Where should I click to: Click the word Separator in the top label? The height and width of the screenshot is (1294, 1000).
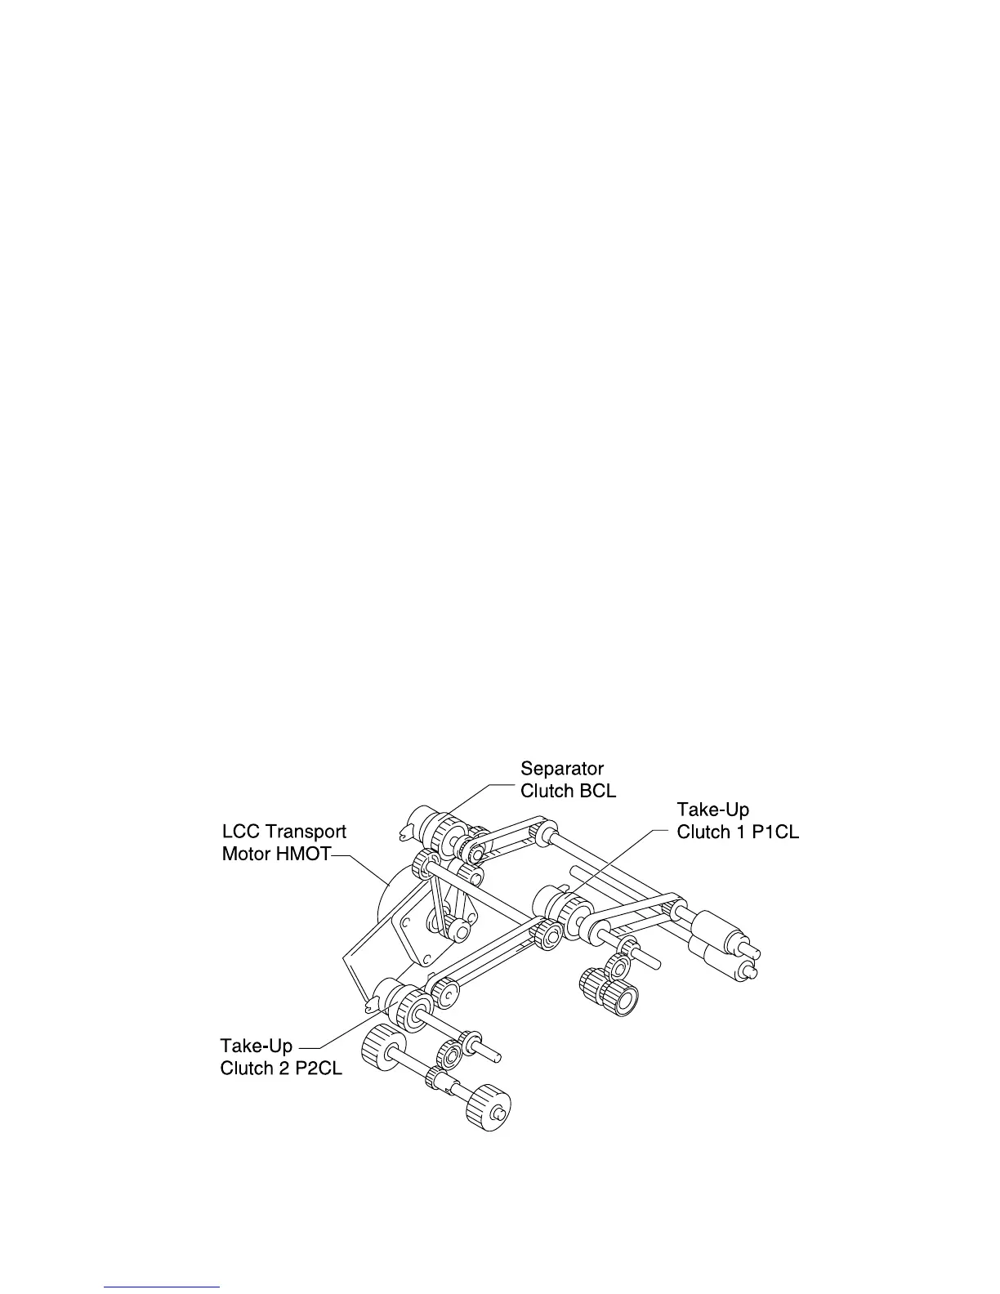(561, 769)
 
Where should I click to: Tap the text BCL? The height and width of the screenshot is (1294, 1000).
(598, 791)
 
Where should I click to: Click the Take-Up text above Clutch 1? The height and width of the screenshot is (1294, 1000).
(712, 810)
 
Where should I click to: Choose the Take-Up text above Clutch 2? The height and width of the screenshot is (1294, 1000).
(256, 1046)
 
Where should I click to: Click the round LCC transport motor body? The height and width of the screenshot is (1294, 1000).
(392, 899)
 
